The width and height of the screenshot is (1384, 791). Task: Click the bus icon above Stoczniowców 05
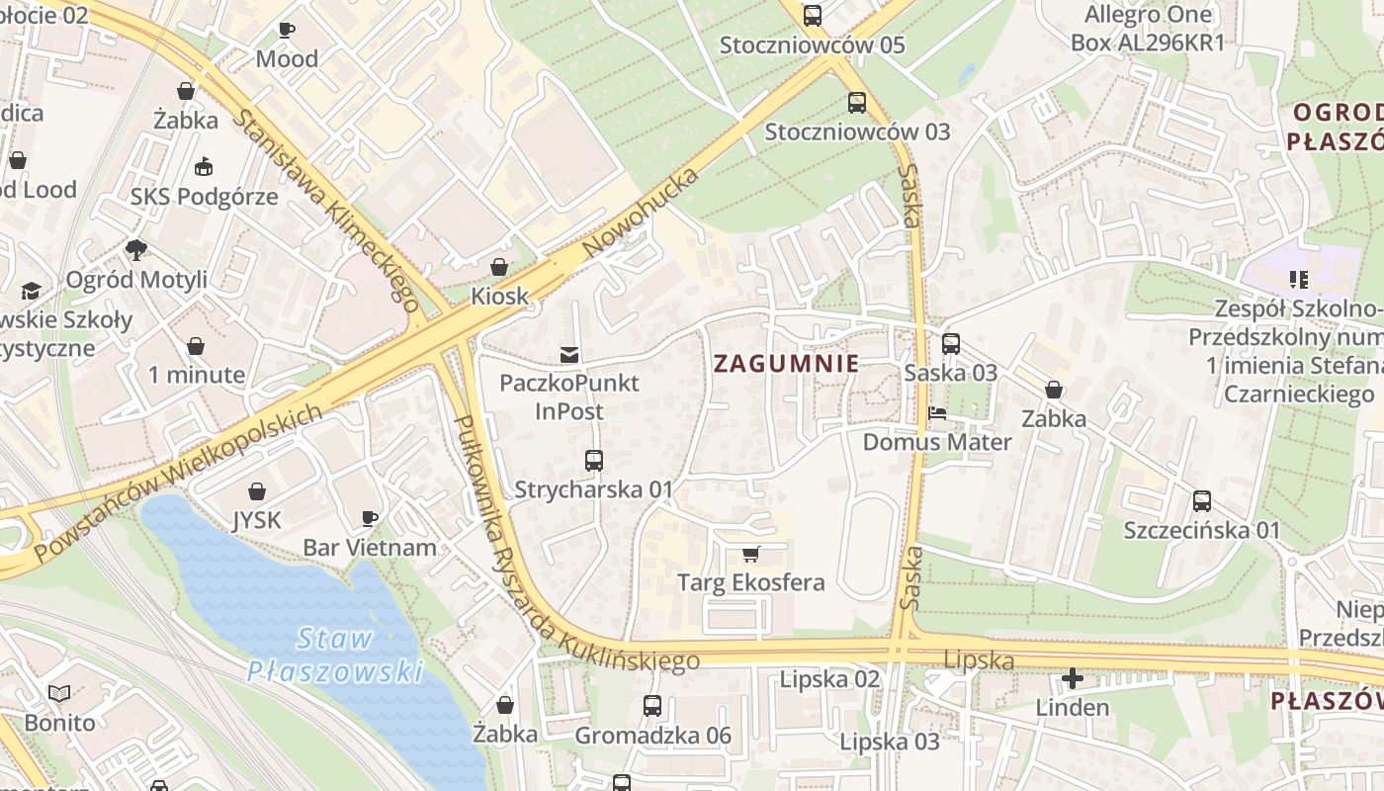click(x=813, y=16)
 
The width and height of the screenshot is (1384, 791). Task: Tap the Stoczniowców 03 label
click(x=857, y=132)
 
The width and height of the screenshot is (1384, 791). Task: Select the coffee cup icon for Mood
click(x=287, y=30)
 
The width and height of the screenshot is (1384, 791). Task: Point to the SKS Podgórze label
click(x=205, y=196)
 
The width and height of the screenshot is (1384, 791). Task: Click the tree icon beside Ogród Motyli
click(x=136, y=250)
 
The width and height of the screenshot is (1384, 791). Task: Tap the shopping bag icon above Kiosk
click(x=500, y=267)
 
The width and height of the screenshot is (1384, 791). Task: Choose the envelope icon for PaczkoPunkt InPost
click(x=569, y=354)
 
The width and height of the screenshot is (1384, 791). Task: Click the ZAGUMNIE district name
click(x=786, y=364)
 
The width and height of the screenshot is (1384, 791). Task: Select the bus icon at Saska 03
click(x=950, y=344)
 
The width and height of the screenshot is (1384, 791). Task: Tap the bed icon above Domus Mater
click(x=936, y=412)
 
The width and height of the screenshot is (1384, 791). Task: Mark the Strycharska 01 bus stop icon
click(x=593, y=461)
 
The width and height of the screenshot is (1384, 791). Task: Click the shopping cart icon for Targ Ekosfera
click(x=750, y=554)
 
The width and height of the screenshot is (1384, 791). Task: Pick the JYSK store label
click(x=257, y=520)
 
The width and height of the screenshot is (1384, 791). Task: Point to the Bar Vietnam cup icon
click(x=370, y=518)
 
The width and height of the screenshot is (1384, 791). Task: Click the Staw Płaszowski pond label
click(x=334, y=655)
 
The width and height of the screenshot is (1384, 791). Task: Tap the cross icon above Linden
click(x=1073, y=678)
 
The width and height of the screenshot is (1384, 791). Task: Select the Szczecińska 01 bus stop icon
click(x=1202, y=501)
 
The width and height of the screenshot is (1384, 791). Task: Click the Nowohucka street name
click(x=641, y=213)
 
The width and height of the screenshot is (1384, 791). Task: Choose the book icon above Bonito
click(x=60, y=693)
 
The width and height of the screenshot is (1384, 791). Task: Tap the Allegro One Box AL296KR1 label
click(x=1148, y=28)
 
